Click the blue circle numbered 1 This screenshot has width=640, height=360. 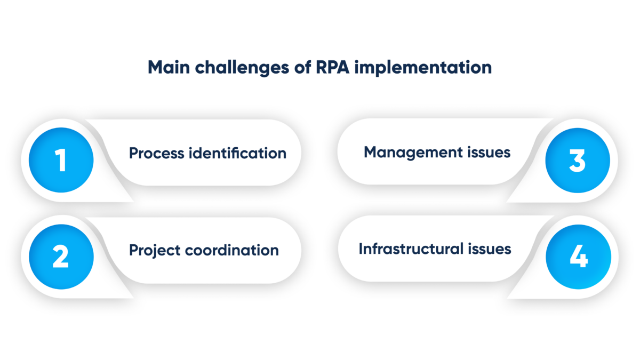click(x=61, y=160)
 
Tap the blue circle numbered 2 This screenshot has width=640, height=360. click(x=61, y=257)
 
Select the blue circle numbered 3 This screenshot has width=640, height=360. click(x=578, y=160)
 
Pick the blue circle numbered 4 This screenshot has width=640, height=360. click(x=578, y=257)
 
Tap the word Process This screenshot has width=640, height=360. click(x=156, y=153)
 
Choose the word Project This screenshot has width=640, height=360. click(x=154, y=250)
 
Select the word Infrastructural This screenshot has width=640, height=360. click(x=411, y=249)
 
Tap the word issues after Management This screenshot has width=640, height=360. click(x=491, y=153)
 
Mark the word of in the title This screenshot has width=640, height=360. click(x=295, y=68)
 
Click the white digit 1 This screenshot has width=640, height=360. click(x=61, y=160)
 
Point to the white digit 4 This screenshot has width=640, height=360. click(x=578, y=257)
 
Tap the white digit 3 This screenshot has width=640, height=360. click(x=578, y=160)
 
